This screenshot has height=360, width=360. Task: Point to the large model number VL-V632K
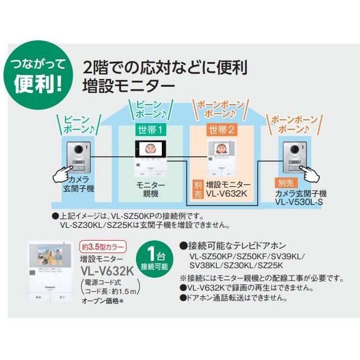(x=105, y=270)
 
